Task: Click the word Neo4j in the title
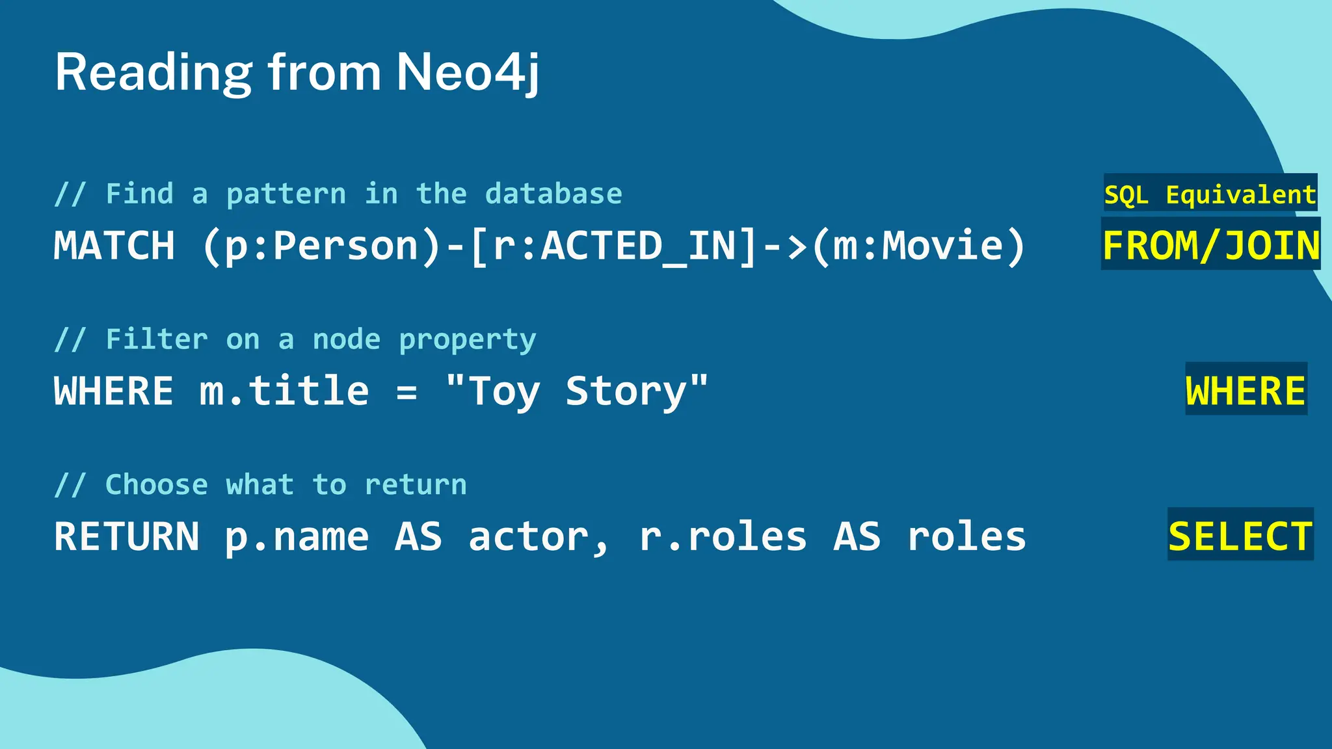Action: tap(467, 72)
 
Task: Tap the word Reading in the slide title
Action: tap(153, 72)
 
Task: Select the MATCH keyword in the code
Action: tap(114, 246)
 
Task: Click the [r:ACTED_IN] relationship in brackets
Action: tap(614, 246)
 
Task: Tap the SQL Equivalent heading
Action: tap(1210, 194)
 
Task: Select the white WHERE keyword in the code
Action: tap(114, 391)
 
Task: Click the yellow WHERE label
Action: tap(1245, 391)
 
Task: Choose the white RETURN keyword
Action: tap(127, 537)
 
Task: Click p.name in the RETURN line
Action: tap(297, 537)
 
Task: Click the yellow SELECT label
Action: tap(1240, 537)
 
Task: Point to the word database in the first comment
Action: tap(553, 194)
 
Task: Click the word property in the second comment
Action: tap(468, 339)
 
